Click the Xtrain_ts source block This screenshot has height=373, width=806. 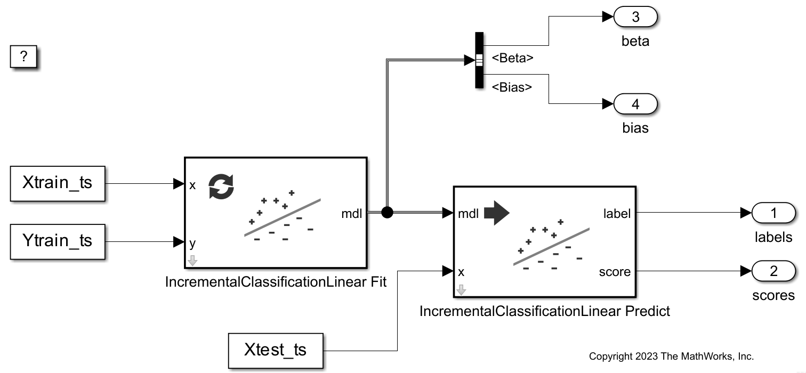[x=58, y=183]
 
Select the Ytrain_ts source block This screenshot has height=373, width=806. [x=58, y=241]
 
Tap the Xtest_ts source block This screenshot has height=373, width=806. [x=276, y=350]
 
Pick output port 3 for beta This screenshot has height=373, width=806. [x=635, y=17]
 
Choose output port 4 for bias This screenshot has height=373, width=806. [x=635, y=104]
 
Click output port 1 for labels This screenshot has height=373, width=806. [x=773, y=214]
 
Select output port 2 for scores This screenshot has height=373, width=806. [x=773, y=272]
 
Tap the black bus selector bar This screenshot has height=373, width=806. [x=479, y=60]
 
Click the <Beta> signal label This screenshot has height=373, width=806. [x=512, y=58]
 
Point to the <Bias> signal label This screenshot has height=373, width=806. [x=512, y=87]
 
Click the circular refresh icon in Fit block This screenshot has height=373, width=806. [x=221, y=186]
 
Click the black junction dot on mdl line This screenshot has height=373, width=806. [x=388, y=213]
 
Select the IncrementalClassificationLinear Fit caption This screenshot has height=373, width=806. [x=276, y=283]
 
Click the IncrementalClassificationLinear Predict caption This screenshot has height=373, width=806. [x=544, y=311]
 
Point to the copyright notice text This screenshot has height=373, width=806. [x=671, y=356]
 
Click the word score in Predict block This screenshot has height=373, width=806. [x=615, y=272]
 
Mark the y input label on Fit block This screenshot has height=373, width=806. [x=192, y=244]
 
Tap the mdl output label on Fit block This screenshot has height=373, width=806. [x=351, y=214]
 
